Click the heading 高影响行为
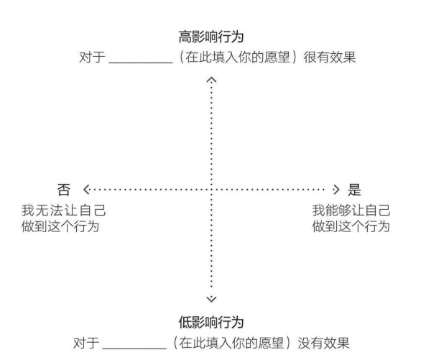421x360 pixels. click(211, 37)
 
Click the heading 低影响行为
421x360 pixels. click(211, 322)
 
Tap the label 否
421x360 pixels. click(64, 190)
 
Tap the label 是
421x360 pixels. click(354, 190)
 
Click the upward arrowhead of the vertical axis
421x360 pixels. click(211, 80)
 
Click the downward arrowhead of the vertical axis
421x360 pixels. click(211, 299)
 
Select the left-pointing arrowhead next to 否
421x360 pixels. click(86, 190)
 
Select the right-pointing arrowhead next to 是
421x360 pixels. click(336, 190)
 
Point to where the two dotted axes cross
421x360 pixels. click(211, 190)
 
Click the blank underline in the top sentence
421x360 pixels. click(140, 63)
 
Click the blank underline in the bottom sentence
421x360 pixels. click(134, 349)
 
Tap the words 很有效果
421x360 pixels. click(330, 57)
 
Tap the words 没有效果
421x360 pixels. click(323, 343)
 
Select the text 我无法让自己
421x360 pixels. click(64, 211)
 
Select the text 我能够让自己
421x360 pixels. click(351, 211)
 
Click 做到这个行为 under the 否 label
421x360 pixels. click(60, 226)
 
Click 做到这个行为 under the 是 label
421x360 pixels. click(351, 226)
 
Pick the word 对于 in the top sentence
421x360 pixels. click(92, 57)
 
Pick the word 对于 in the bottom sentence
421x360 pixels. click(86, 343)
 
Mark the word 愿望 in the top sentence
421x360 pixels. click(277, 57)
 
